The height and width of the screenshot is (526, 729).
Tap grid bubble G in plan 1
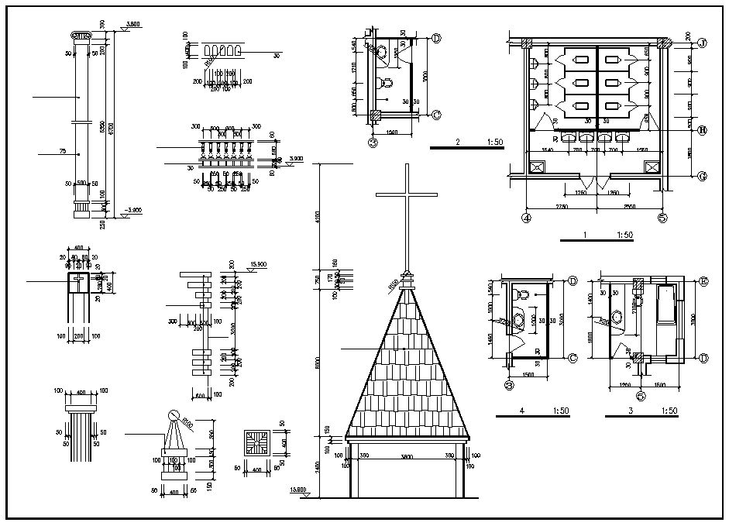tap(703, 176)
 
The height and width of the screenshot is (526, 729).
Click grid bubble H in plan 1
tap(703, 130)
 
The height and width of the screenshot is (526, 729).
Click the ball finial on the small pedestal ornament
tap(174, 417)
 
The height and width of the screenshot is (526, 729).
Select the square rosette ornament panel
tap(256, 443)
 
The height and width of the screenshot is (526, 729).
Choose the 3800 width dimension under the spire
tap(407, 457)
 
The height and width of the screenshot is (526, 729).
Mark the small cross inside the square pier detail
tap(78, 283)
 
